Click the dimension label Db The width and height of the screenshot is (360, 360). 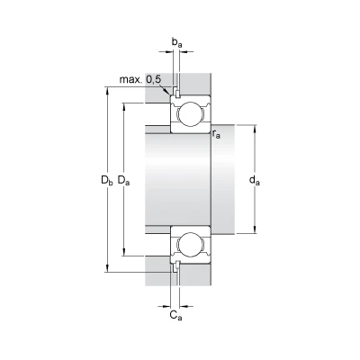click(x=107, y=180)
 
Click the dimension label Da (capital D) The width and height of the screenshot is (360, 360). click(x=123, y=180)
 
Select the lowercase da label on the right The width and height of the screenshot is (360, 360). click(x=255, y=180)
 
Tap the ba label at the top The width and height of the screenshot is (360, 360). click(x=176, y=42)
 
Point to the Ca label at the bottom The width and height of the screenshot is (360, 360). click(x=175, y=315)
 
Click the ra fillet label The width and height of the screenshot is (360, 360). click(x=216, y=134)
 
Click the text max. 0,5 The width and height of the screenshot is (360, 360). click(x=140, y=79)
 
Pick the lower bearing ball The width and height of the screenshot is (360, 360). click(x=191, y=244)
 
